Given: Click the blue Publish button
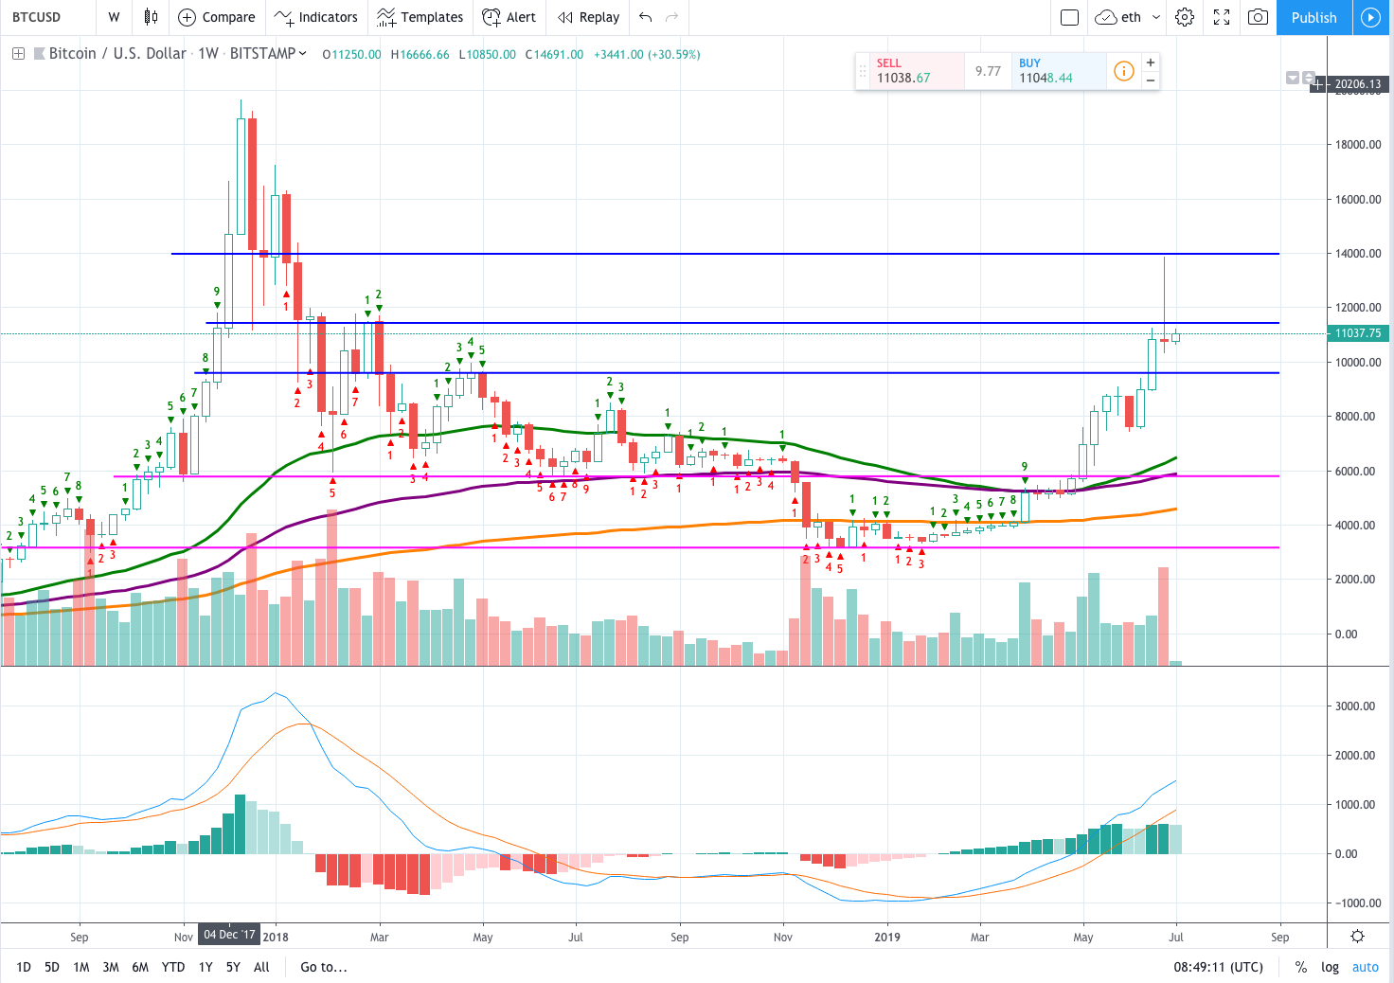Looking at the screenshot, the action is pos(1314,17).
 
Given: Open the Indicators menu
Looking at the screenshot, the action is pos(316,17).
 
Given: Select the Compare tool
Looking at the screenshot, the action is pos(217,17).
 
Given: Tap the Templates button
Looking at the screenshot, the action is pos(420,17).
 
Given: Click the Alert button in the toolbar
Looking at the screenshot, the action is pos(509,17).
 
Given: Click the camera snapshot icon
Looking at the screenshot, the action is pos(1258,17).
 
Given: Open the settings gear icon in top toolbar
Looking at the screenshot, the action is pos(1185,17).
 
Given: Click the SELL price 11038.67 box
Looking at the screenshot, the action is pos(916,71).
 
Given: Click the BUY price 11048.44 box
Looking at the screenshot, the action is pos(1059,71).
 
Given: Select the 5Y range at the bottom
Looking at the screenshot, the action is pos(233,967).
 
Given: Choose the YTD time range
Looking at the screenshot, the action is pos(173,967).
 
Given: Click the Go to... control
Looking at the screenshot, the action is pos(324,967).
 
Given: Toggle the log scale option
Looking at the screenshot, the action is pos(1330,967).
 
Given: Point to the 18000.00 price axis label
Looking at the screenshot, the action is pos(1358,144).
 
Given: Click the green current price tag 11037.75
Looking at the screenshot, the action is pos(1357,333).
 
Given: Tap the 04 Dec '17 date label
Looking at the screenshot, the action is pos(229,935).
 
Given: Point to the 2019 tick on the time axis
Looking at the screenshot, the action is pos(886,937).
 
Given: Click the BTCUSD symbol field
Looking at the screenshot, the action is pos(37,17).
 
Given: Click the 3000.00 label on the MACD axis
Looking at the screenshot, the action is pos(1355,706).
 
